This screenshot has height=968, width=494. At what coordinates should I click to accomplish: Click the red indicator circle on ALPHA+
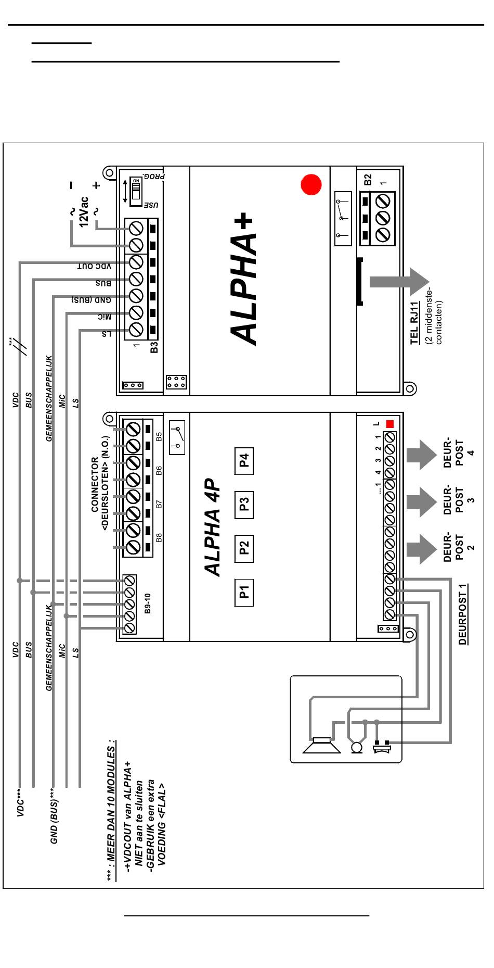(311, 184)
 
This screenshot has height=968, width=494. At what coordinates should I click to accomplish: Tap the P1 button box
(244, 592)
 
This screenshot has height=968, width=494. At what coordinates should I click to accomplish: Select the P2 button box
(244, 548)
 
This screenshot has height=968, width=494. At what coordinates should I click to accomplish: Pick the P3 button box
(244, 505)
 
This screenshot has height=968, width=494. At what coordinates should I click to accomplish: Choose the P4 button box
(244, 461)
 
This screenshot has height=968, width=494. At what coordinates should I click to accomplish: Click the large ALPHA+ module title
(243, 279)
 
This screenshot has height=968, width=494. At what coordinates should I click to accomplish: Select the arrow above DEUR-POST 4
(421, 455)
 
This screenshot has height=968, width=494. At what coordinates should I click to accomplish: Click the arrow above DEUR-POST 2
(421, 548)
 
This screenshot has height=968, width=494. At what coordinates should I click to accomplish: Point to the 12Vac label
(84, 211)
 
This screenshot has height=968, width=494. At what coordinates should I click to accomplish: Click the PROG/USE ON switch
(136, 191)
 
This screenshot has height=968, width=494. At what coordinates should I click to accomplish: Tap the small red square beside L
(390, 424)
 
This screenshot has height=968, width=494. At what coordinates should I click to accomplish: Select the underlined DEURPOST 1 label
(463, 614)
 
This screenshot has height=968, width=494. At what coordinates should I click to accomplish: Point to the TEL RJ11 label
(415, 323)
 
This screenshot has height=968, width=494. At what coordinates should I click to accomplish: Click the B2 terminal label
(368, 180)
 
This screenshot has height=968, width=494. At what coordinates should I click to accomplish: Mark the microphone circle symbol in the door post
(357, 747)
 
